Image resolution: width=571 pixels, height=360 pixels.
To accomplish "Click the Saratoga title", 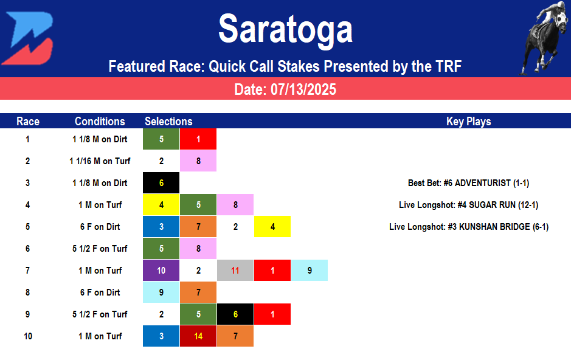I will tap(285, 29).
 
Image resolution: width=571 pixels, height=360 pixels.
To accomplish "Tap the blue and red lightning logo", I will tap(27, 38).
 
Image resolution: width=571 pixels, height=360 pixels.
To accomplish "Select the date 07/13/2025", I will tap(285, 89).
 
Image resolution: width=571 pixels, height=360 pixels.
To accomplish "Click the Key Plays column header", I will tap(468, 121).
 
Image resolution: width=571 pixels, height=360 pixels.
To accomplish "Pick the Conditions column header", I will tap(100, 121).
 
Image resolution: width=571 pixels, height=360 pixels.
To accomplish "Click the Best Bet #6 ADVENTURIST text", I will tap(468, 183).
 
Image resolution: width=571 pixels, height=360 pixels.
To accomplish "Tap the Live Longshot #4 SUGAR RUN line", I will tap(468, 205).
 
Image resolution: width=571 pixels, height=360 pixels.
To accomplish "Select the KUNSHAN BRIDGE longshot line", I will tap(468, 227).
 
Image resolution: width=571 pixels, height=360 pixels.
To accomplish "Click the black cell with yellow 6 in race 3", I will tap(161, 183).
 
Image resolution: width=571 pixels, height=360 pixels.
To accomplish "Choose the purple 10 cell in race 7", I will tap(161, 271).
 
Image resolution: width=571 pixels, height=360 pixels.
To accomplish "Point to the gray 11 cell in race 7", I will tap(235, 271).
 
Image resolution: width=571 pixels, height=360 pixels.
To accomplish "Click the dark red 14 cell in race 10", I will tap(198, 336).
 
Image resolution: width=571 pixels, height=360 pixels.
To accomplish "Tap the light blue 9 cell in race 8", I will tap(161, 292).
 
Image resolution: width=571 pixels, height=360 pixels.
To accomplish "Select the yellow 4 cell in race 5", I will tap(272, 227).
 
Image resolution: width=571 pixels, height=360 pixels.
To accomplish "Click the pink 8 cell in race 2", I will tap(198, 161).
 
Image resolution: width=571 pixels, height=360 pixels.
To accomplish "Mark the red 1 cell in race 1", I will tap(198, 139).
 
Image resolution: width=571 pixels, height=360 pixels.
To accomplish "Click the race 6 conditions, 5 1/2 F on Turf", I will tap(100, 249).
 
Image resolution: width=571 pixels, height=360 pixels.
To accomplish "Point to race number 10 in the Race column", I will tap(28, 336).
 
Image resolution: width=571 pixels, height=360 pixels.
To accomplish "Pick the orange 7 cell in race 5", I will tap(198, 227).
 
